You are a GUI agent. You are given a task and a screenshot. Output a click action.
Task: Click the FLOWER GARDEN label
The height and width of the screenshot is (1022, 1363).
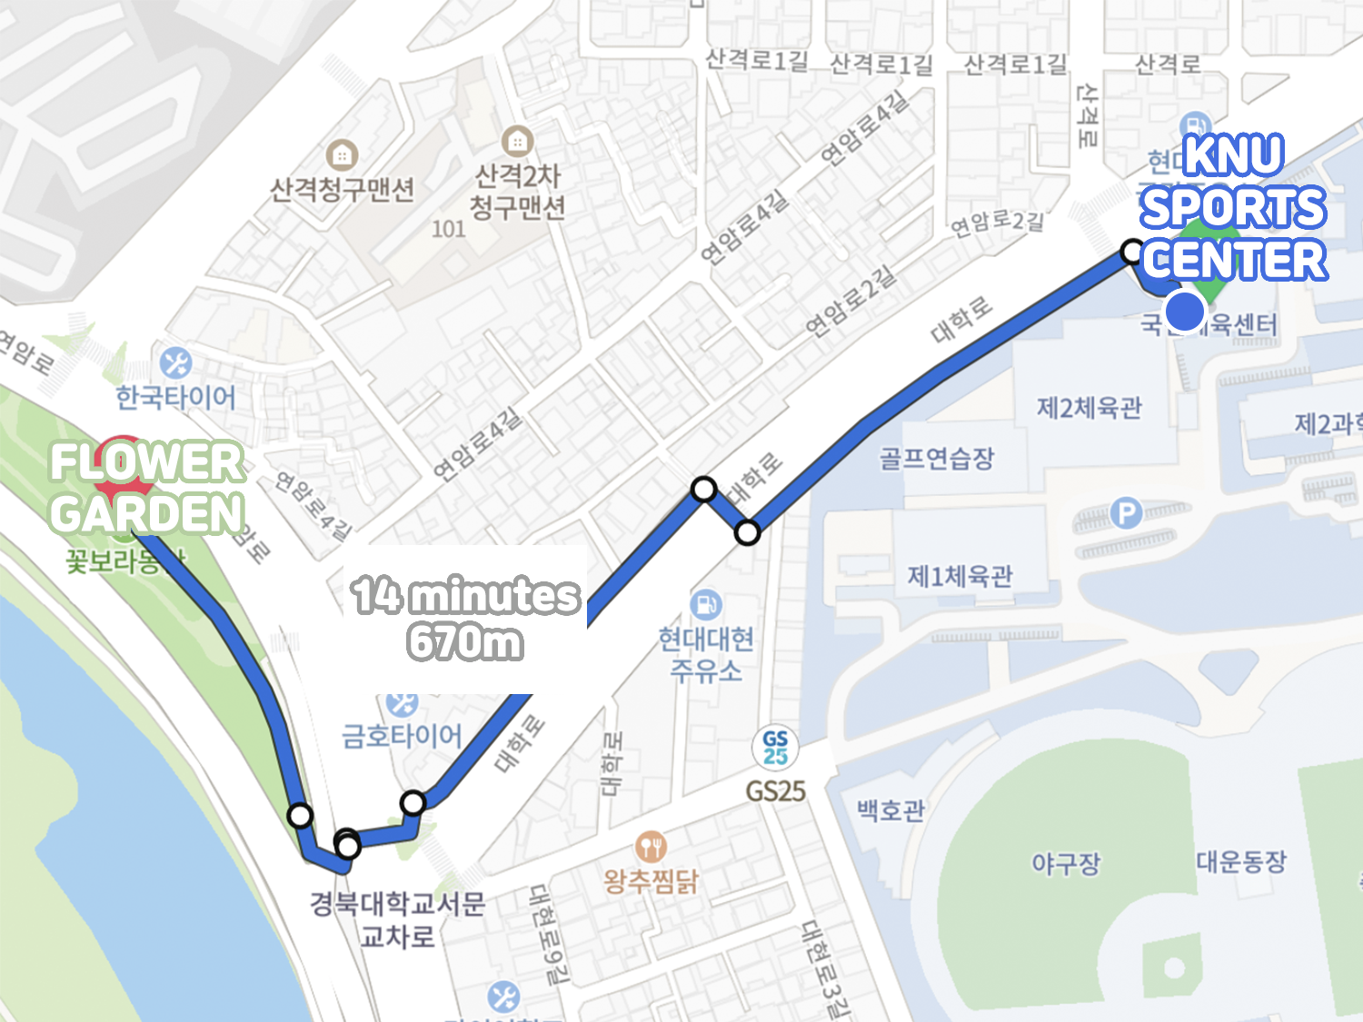[x=147, y=488]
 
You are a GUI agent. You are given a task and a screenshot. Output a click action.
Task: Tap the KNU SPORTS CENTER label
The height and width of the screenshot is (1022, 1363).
[x=1233, y=208]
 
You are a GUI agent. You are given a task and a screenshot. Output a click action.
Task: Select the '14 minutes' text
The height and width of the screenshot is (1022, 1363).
[x=465, y=596]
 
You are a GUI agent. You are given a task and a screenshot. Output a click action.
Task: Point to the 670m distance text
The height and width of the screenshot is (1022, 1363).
[x=465, y=642]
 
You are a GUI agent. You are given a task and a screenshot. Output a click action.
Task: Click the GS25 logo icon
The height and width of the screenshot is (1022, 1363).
[x=775, y=748]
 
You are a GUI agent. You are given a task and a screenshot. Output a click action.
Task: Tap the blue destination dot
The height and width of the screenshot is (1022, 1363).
[x=1185, y=312]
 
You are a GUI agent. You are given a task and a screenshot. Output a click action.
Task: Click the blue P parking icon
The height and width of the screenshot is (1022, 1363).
[x=1126, y=513]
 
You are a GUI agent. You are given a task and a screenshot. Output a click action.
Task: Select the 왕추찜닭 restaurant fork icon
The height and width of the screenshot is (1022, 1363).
[x=651, y=847]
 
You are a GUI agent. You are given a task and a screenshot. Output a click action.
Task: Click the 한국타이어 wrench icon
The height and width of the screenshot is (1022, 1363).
[x=175, y=363]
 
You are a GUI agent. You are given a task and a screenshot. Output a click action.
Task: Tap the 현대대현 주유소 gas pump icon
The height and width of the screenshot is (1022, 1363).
[x=706, y=604]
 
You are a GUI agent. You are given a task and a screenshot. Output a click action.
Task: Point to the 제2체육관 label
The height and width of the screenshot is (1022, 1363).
[x=1089, y=408]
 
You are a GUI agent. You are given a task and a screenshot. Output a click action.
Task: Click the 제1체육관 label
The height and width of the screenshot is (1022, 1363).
[x=960, y=576]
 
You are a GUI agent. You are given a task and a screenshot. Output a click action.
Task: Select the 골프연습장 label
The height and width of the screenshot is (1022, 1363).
[x=936, y=458]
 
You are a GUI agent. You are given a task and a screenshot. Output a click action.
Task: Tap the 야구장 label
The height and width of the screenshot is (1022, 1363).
[x=1065, y=862]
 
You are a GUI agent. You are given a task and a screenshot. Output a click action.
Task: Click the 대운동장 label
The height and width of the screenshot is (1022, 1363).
[x=1241, y=860]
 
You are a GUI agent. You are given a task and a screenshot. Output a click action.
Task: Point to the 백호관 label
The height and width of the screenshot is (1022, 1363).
[x=890, y=809]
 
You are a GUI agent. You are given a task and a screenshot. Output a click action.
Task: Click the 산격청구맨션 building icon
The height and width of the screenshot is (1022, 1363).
[x=342, y=155]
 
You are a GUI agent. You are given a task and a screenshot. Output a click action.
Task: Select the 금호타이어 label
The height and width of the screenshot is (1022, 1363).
[x=402, y=735]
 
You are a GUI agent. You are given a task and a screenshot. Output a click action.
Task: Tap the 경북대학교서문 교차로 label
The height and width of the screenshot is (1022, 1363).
[x=397, y=919]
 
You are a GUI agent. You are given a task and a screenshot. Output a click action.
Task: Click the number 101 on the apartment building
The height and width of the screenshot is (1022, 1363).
[x=448, y=228]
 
